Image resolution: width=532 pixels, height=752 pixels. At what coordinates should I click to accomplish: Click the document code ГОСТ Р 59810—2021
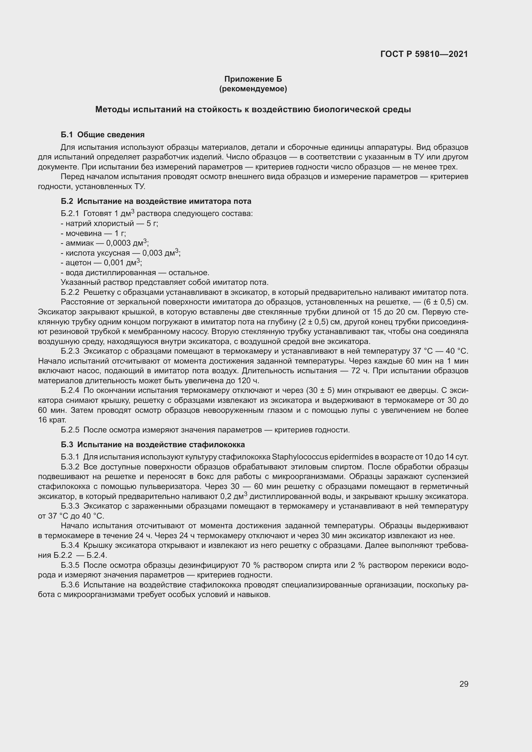pos(424,54)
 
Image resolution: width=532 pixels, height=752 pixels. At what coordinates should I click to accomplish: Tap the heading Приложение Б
pos(253,79)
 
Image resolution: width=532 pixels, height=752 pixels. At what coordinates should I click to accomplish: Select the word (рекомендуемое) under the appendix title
pos(253,89)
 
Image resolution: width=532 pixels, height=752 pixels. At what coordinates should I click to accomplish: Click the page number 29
pos(463,684)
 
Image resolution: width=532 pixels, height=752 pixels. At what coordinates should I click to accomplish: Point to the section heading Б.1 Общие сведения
pos(103,135)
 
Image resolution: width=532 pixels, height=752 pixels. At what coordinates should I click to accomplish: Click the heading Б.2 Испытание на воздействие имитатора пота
pos(156,201)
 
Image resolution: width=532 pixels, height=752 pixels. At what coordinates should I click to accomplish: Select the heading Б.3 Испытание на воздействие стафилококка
pos(153,444)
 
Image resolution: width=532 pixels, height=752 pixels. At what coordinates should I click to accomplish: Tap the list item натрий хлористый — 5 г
pos(109,223)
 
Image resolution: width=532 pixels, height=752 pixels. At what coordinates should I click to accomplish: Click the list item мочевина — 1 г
pos(93,233)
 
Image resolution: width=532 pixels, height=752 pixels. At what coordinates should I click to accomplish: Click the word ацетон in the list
pos(78,263)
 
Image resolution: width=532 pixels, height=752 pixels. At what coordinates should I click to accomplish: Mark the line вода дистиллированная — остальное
pos(135,273)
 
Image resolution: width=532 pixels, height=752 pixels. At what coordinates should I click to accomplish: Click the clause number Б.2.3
pos(70,351)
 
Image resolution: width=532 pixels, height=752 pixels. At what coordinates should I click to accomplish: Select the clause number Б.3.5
pos(70,565)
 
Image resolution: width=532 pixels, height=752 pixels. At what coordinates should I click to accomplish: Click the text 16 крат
pos(52,420)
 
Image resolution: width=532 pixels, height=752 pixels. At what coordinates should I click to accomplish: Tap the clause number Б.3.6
pos(70,584)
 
